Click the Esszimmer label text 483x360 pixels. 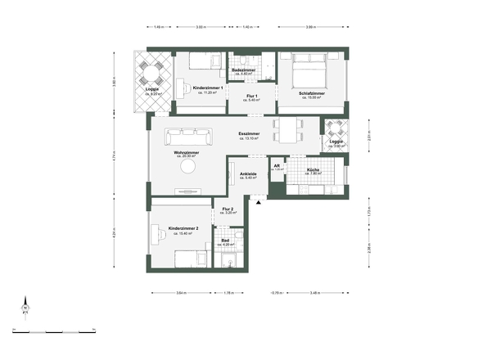click(x=250, y=133)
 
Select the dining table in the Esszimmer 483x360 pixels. click(x=290, y=128)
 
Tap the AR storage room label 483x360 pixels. click(x=278, y=166)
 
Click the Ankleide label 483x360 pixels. click(x=249, y=174)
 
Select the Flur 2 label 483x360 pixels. click(x=228, y=210)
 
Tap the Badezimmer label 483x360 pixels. click(x=244, y=71)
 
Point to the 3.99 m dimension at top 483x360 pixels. click(x=309, y=27)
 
